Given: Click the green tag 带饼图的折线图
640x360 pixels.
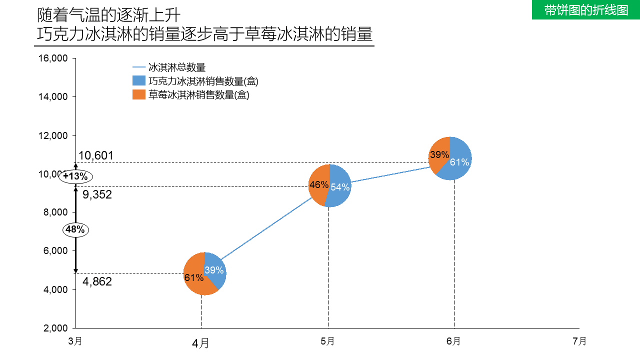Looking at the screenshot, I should pyautogui.click(x=586, y=10).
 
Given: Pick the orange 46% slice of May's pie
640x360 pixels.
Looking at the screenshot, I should pyautogui.click(x=318, y=184).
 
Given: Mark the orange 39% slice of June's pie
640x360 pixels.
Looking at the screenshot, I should pyautogui.click(x=439, y=154).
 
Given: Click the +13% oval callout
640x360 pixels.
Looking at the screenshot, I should pyautogui.click(x=75, y=176).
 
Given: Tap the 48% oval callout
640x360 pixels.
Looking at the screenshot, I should pyautogui.click(x=75, y=230).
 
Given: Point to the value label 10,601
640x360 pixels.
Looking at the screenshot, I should pyautogui.click(x=96, y=156).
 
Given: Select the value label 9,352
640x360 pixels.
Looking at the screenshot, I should pyautogui.click(x=97, y=195).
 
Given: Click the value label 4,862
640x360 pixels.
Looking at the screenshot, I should pyautogui.click(x=97, y=281).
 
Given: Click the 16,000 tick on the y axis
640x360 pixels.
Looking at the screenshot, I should pyautogui.click(x=53, y=58).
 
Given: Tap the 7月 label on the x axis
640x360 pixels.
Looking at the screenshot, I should pyautogui.click(x=579, y=341).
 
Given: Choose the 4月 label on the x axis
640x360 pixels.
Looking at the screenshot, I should pyautogui.click(x=201, y=343).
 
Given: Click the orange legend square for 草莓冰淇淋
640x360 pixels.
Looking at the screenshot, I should pyautogui.click(x=138, y=94).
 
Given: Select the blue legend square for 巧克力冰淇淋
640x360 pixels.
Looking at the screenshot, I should pyautogui.click(x=138, y=81).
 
